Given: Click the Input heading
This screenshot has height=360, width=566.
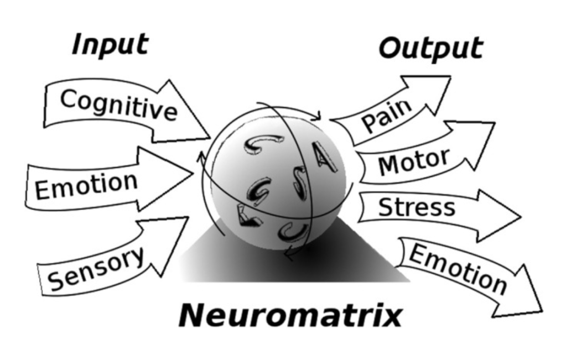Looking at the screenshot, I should (x=110, y=44).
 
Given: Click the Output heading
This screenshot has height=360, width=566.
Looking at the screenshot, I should (x=430, y=48).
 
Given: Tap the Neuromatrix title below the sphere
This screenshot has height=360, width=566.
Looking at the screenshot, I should (x=290, y=316).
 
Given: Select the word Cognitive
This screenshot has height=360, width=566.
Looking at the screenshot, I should (x=118, y=105).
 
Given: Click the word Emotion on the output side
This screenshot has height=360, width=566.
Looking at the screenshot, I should (x=458, y=269).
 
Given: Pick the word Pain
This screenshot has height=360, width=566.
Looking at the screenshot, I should (x=387, y=114).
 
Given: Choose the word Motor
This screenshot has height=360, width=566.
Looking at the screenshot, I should (x=413, y=161).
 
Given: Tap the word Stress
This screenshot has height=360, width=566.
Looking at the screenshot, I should (x=416, y=207).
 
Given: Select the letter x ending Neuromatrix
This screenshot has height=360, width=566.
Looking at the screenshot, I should (x=389, y=317).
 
